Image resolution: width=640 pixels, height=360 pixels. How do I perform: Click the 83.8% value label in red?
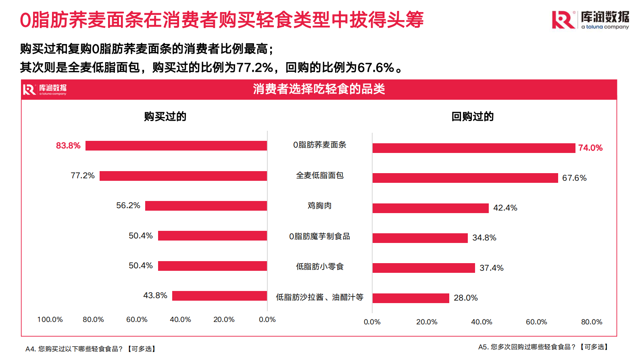tap(68, 146)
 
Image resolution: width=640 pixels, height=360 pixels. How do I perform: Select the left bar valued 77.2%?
tap(183, 176)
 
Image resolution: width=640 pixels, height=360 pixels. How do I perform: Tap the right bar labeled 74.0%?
tap(473, 148)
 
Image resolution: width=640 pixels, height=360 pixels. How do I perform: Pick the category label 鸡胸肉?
tap(319, 206)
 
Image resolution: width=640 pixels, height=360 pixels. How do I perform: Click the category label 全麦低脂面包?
tap(319, 176)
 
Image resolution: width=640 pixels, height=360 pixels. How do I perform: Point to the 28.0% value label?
tap(465, 298)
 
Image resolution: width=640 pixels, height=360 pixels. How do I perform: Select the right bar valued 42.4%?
tap(430, 208)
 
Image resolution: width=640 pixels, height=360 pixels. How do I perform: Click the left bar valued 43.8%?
tap(219, 296)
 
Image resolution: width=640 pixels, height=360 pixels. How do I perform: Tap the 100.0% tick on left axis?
tap(50, 320)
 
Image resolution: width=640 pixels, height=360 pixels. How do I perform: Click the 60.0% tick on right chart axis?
tap(536, 322)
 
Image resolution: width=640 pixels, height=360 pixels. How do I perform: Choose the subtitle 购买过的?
tap(165, 117)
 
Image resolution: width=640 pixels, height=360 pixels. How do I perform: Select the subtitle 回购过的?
tap(472, 117)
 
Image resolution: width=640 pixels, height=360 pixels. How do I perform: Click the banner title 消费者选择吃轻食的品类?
tap(319, 89)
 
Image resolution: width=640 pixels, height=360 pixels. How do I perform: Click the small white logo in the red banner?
tap(45, 90)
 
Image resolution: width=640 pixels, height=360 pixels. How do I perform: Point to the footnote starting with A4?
tap(91, 349)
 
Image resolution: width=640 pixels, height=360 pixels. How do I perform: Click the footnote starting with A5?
tap(544, 347)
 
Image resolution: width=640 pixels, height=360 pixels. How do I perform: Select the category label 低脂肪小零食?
tap(319, 267)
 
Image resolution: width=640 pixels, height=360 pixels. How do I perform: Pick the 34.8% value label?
tap(484, 238)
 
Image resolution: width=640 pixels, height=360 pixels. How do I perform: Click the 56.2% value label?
tap(128, 205)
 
